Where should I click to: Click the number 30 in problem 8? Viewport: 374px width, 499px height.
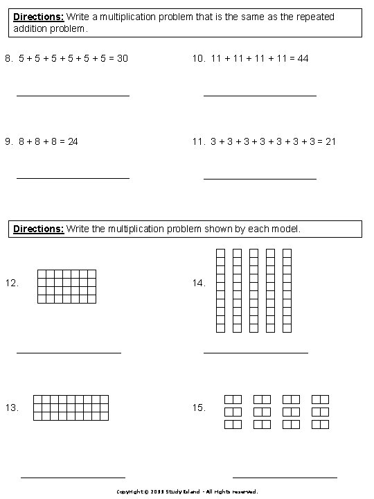click(x=122, y=59)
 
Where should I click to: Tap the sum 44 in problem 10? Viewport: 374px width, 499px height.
click(x=303, y=59)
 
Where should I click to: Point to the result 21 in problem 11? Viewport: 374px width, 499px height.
click(x=330, y=142)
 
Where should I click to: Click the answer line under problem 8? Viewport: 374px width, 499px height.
click(x=73, y=96)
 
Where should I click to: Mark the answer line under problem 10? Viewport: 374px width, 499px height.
click(x=260, y=96)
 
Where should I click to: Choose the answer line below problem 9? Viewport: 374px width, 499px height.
click(x=73, y=179)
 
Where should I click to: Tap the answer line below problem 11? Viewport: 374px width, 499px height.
click(x=260, y=179)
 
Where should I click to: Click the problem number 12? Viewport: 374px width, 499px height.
click(x=11, y=283)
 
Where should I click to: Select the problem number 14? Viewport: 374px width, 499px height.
click(x=199, y=283)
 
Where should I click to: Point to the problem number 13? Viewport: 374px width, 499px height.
click(x=11, y=408)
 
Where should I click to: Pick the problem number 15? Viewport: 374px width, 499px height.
click(x=199, y=408)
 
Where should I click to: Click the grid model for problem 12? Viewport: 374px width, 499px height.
click(x=66, y=286)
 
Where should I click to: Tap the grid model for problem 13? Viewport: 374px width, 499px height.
click(x=71, y=408)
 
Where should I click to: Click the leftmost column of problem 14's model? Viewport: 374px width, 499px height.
click(x=221, y=291)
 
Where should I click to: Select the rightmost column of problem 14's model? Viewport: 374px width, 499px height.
click(x=287, y=291)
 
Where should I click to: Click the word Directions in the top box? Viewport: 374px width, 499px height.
click(x=38, y=17)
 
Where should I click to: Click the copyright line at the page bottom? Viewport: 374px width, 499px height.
click(x=187, y=491)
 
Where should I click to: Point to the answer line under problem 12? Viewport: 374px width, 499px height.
click(x=69, y=353)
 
